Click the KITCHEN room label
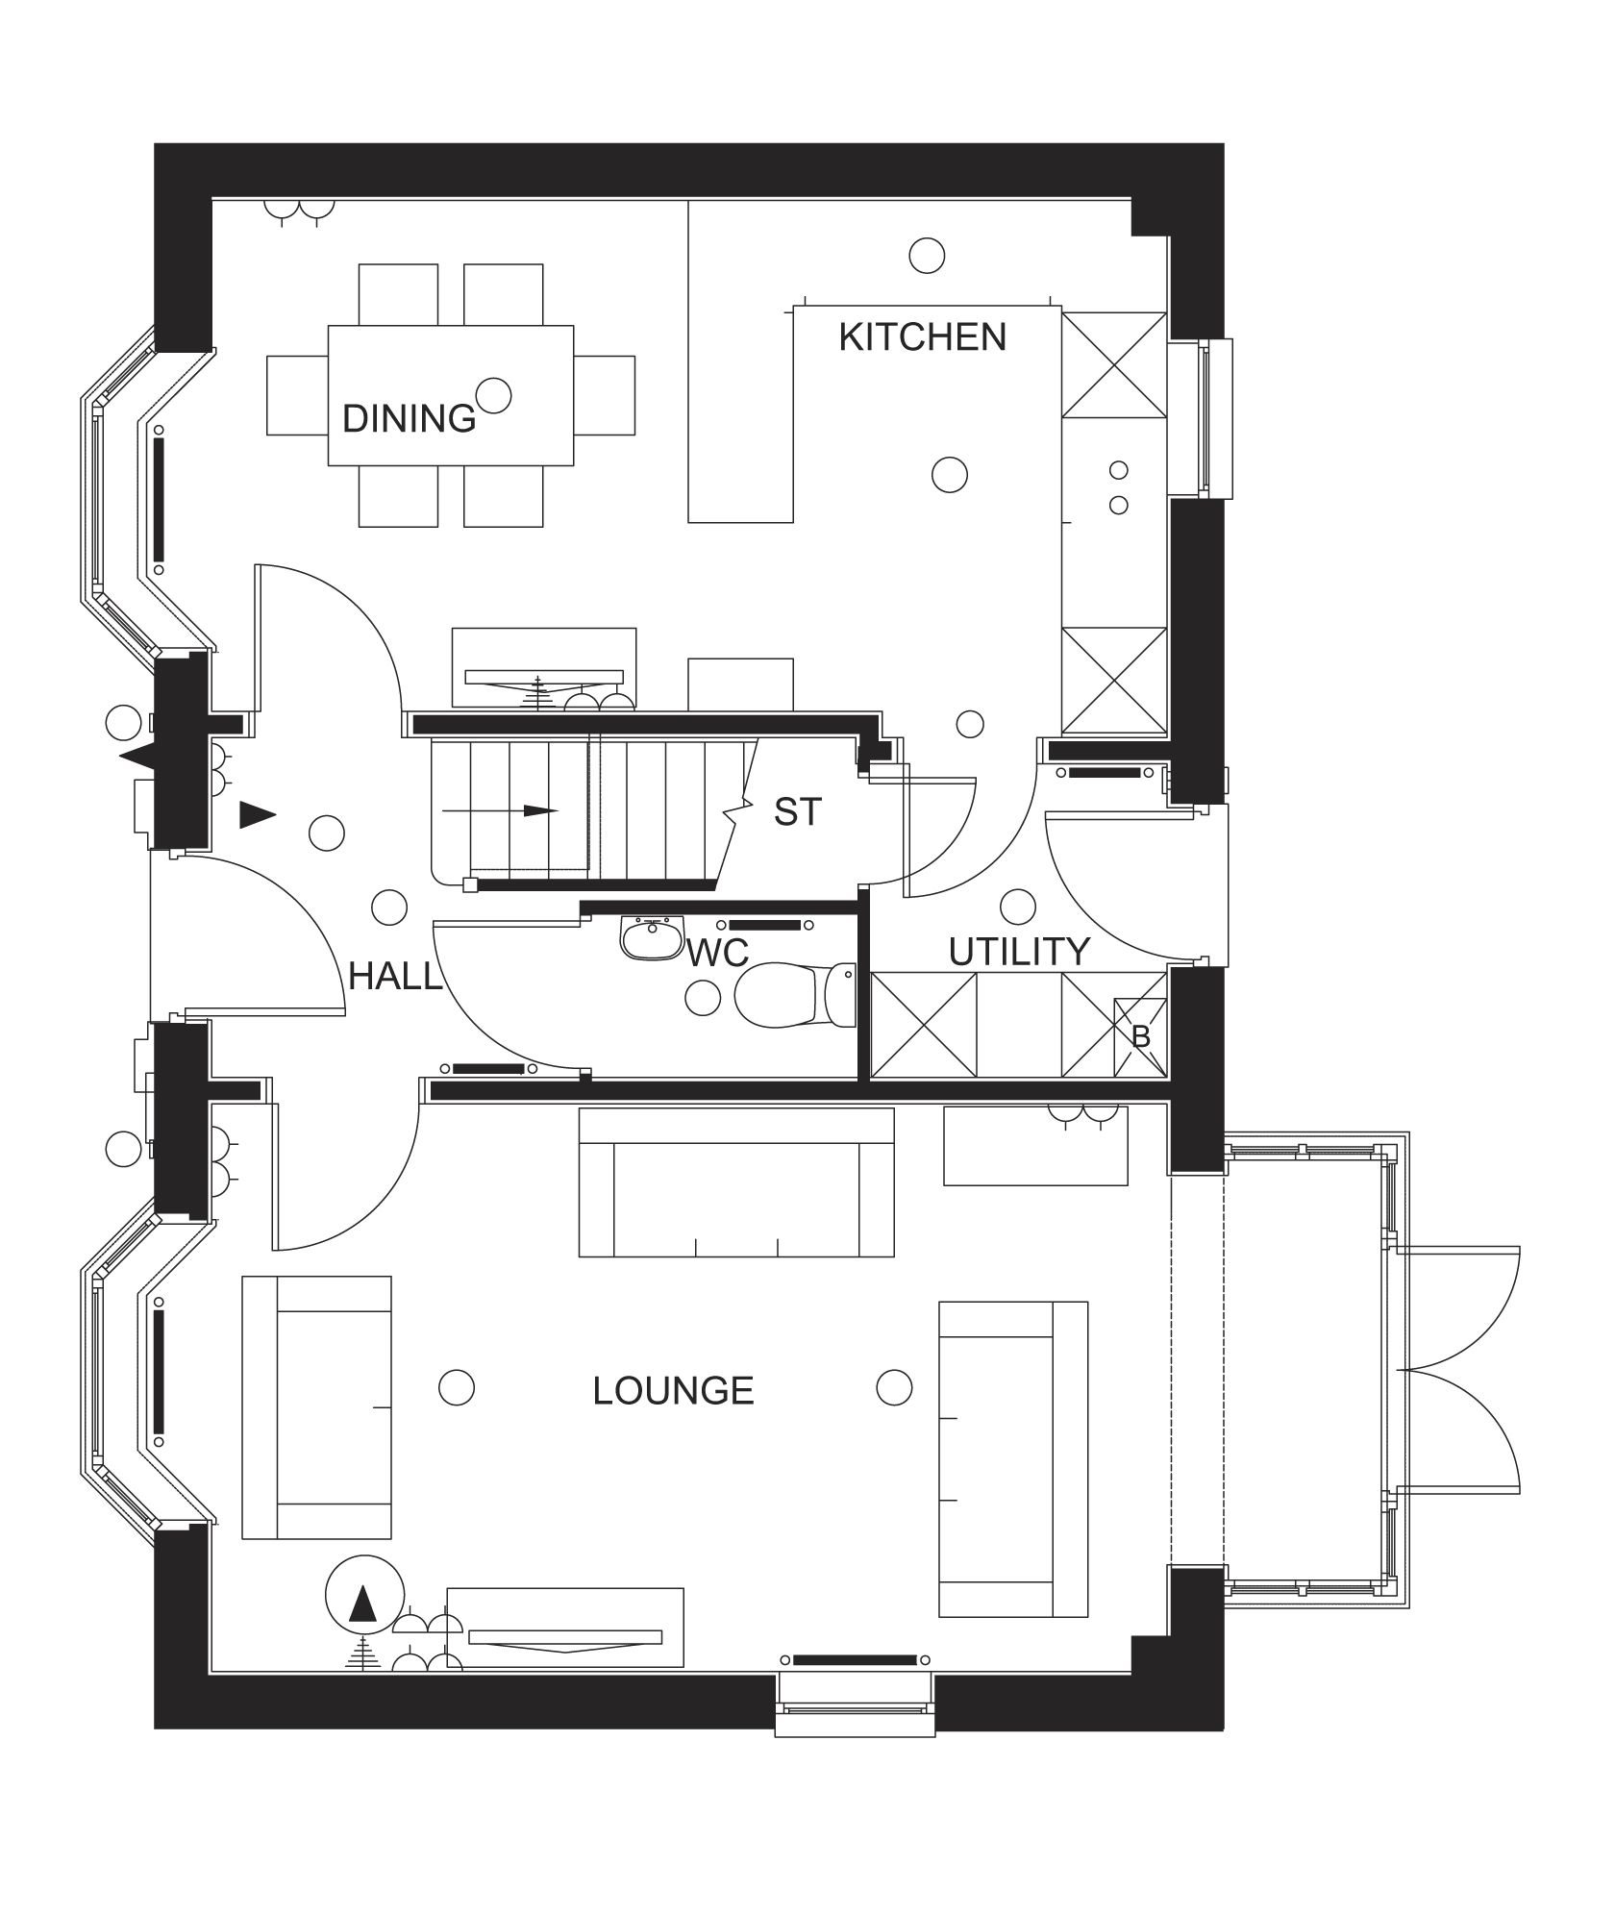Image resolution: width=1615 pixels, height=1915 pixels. (922, 337)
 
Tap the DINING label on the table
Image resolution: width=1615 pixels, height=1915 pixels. (410, 419)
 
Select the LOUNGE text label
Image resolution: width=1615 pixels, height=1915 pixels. (673, 1391)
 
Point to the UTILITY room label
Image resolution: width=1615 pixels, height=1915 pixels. (1019, 952)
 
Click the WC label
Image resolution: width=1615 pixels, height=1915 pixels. (717, 953)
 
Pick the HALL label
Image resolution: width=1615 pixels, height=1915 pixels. (395, 977)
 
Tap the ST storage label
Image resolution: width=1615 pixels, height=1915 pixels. (798, 813)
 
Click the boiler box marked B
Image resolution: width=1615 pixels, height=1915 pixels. (1140, 1037)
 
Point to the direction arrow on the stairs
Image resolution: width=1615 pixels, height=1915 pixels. (500, 810)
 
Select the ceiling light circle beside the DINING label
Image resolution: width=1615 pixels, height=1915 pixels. (494, 394)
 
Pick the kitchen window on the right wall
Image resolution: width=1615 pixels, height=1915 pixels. (1201, 418)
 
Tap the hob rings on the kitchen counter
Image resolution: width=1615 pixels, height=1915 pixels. (1118, 487)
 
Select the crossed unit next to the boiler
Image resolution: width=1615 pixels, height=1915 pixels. (1087, 1025)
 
